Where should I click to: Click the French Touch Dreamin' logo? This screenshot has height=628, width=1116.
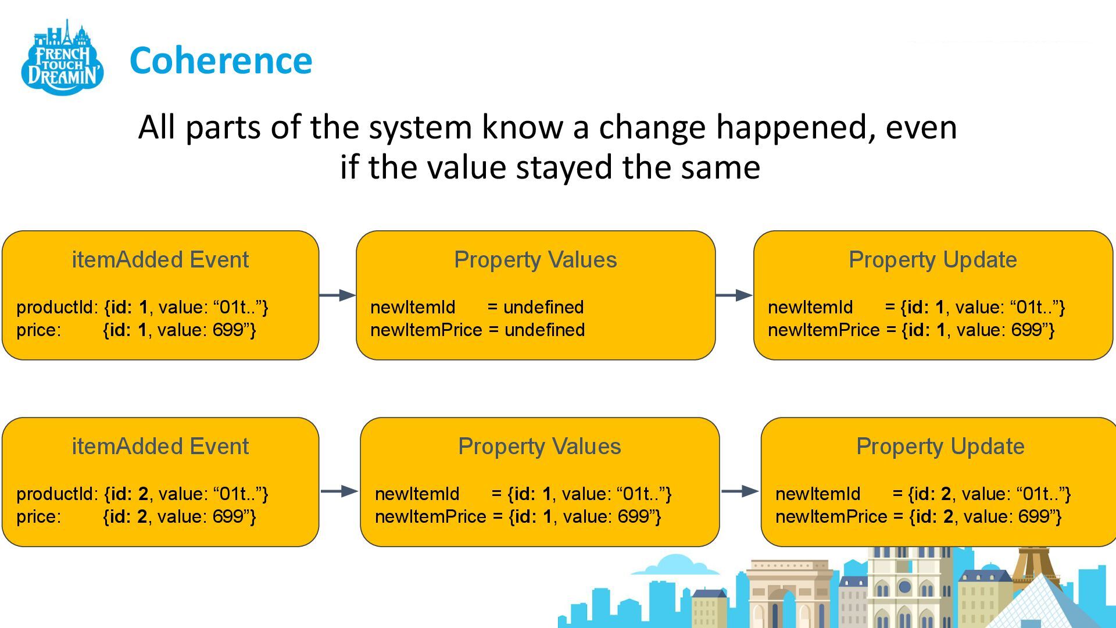point(63,58)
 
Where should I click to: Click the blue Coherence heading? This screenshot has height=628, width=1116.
point(221,60)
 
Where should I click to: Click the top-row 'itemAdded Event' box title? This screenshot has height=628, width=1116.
point(160,260)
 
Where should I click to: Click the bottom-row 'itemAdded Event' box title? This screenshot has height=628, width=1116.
point(160,447)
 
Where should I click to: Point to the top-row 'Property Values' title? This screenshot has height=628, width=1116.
point(535,260)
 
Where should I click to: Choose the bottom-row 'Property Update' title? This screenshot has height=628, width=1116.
point(940,447)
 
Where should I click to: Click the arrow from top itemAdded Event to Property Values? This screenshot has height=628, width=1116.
point(338,295)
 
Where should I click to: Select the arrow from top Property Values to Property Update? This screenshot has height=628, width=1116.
point(734,295)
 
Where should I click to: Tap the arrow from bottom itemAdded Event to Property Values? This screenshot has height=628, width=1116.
point(339,491)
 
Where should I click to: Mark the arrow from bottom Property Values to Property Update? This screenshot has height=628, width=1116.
point(740,491)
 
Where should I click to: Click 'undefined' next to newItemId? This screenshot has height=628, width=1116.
point(543,307)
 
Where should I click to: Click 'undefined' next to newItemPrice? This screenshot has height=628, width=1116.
point(545,330)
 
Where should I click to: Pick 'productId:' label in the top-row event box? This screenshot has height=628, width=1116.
point(57,307)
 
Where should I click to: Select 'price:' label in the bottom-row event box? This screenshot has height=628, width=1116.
point(38,516)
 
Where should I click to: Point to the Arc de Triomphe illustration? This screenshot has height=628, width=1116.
point(788,593)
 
